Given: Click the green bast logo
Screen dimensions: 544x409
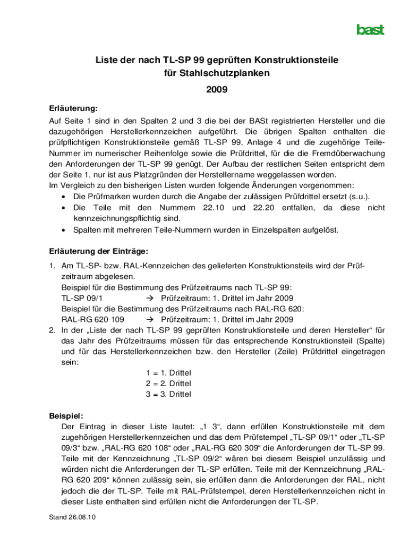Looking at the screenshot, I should tap(370, 30).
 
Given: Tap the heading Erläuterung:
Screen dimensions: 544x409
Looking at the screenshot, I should tap(66, 108).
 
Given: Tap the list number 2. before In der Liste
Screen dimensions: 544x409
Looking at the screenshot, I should tap(53, 330).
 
